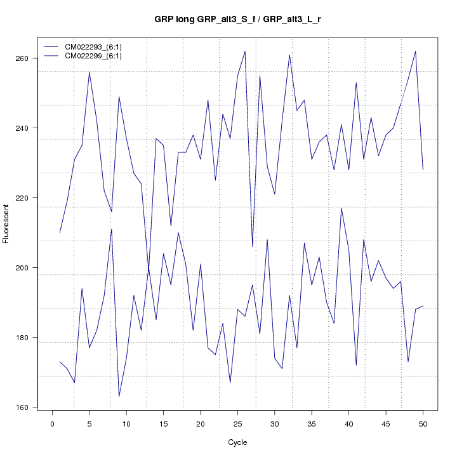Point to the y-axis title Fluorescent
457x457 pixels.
point(6,223)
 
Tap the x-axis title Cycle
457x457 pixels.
point(237,442)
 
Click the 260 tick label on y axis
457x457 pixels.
point(29,58)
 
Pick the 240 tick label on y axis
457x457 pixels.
point(29,128)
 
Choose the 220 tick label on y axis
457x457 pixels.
point(29,198)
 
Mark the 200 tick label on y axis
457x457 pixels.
point(29,268)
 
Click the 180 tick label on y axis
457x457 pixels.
point(29,338)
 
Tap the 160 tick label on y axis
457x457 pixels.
point(29,407)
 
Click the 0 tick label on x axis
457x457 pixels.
point(53,424)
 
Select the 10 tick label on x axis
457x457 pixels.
point(126,424)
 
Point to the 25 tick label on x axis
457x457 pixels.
point(237,424)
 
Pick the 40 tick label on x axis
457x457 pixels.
point(348,424)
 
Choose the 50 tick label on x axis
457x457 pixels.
point(423,424)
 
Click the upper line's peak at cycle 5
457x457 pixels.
point(89,72)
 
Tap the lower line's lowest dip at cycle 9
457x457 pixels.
point(119,397)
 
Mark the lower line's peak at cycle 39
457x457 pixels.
point(341,208)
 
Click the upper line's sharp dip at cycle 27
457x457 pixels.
point(253,246)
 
